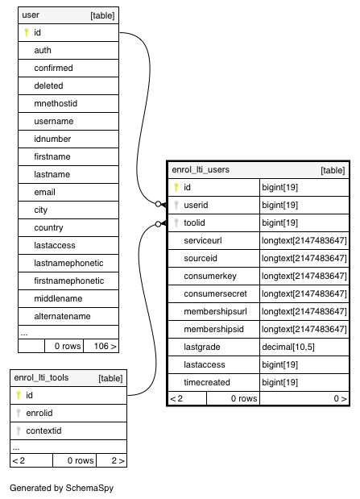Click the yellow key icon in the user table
pyautogui.click(x=27, y=32)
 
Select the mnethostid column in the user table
pyautogui.click(x=56, y=103)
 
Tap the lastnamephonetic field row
pyautogui.click(x=68, y=263)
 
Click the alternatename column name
pyautogui.click(x=62, y=316)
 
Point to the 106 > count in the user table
pyautogui.click(x=105, y=346)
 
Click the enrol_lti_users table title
pyautogui.click(x=201, y=169)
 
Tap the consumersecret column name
pyautogui.click(x=215, y=293)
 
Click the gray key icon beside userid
pyautogui.click(x=176, y=205)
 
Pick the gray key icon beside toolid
pyautogui.click(x=176, y=222)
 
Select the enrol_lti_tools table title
pyautogui.click(x=41, y=378)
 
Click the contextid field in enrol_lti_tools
pyautogui.click(x=43, y=431)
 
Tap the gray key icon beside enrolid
pyautogui.click(x=19, y=413)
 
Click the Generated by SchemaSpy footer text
pyautogui.click(x=62, y=489)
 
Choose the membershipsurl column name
pyautogui.click(x=215, y=311)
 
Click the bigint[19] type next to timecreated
pyautogui.click(x=279, y=383)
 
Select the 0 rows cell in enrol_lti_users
pyautogui.click(x=244, y=398)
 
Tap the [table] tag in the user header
pyautogui.click(x=102, y=15)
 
